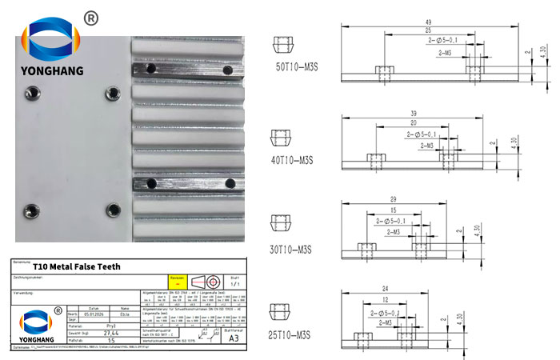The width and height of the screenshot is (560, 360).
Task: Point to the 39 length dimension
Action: pos(412,113)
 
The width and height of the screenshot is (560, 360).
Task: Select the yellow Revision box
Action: pos(177,282)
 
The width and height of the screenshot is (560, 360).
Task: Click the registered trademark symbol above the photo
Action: pos(90,18)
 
